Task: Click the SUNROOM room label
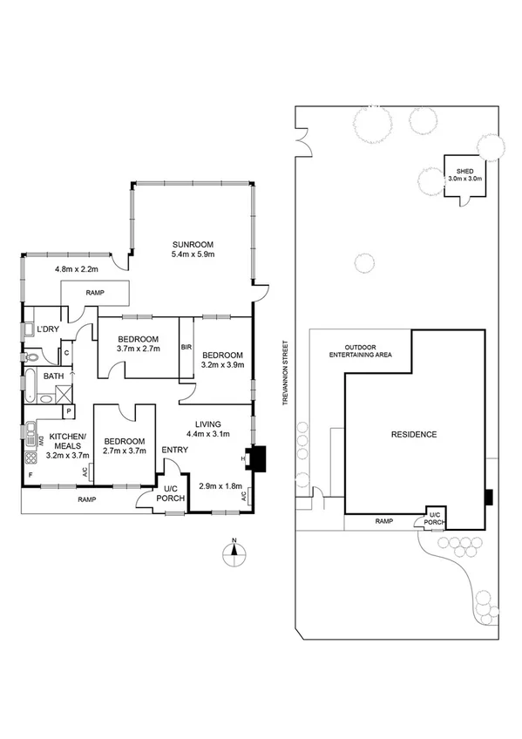pyautogui.click(x=193, y=243)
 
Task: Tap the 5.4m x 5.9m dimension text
pyautogui.click(x=193, y=254)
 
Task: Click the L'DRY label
pyautogui.click(x=47, y=329)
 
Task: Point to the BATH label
pyautogui.click(x=53, y=376)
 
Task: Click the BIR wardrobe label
pyautogui.click(x=186, y=347)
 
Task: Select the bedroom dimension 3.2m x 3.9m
pyautogui.click(x=223, y=367)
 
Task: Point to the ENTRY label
pyautogui.click(x=175, y=450)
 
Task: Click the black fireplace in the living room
pyautogui.click(x=258, y=458)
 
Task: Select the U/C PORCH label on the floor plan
pyautogui.click(x=166, y=494)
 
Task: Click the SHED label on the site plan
pyautogui.click(x=464, y=170)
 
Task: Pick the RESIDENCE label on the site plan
pyautogui.click(x=414, y=434)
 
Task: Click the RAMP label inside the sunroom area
pyautogui.click(x=95, y=294)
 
